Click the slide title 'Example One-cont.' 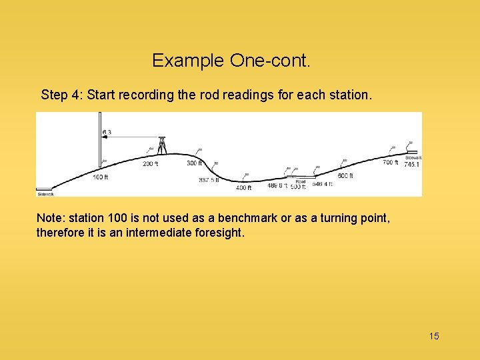point(231,61)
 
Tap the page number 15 point(433,336)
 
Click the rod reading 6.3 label point(107,132)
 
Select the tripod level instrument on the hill point(161,145)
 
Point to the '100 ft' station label point(100,177)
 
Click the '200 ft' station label point(150,163)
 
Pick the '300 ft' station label point(194,163)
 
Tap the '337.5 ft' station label point(209,180)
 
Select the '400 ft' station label point(243,188)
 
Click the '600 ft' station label point(345,176)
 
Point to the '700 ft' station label point(390,162)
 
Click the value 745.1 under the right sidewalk point(412,164)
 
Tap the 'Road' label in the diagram point(301,181)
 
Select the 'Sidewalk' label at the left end point(45,194)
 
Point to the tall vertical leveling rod point(99,140)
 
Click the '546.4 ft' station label point(321,185)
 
